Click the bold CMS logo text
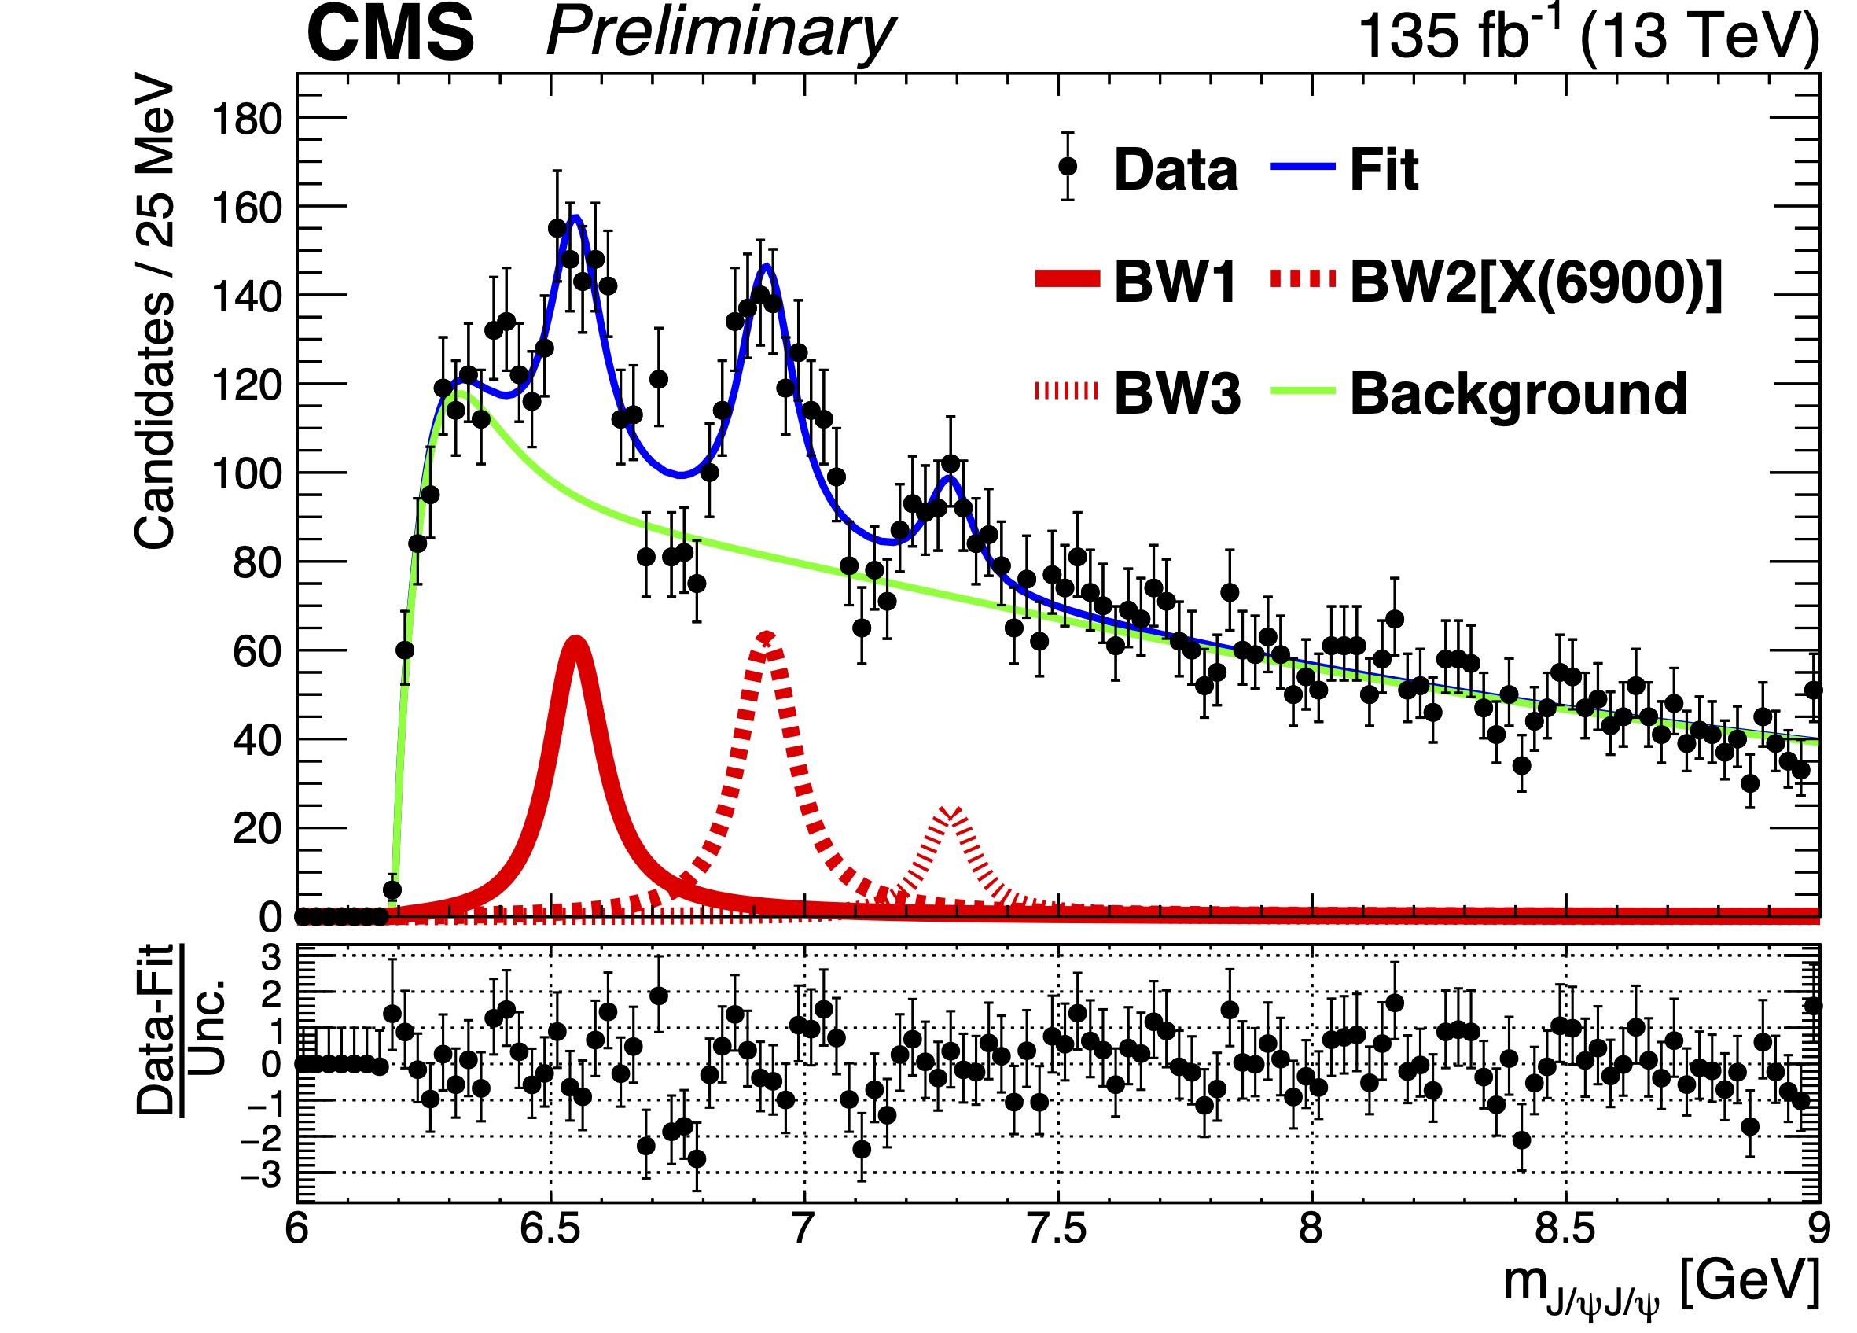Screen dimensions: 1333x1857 coord(390,35)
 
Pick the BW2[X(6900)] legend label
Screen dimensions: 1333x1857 coord(1536,282)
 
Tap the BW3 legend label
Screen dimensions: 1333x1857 coord(1177,393)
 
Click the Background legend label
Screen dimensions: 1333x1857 coord(1518,393)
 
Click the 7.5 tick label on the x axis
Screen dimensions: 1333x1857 coord(1057,1230)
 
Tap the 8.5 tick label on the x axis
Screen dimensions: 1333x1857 coord(1565,1230)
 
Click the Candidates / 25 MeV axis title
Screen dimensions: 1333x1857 coord(156,311)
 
